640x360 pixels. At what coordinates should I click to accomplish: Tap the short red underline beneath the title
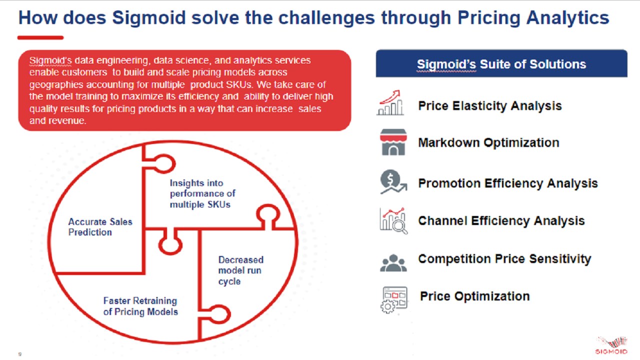click(x=40, y=37)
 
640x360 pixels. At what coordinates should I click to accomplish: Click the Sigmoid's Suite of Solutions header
click(x=501, y=63)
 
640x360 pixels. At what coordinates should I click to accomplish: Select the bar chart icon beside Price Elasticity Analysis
click(x=390, y=103)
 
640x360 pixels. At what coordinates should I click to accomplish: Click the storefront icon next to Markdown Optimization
click(x=393, y=142)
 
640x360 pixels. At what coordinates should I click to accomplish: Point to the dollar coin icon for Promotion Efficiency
click(x=393, y=182)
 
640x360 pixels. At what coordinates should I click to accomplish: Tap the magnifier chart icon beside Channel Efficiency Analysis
click(x=393, y=221)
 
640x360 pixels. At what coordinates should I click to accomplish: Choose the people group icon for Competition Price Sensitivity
click(x=393, y=262)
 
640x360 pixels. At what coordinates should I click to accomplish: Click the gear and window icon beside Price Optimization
click(x=394, y=299)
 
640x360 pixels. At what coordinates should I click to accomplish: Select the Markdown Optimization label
click(x=488, y=142)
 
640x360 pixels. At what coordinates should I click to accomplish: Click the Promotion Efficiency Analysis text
click(x=507, y=183)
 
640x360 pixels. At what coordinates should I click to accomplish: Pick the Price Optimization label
click(x=474, y=296)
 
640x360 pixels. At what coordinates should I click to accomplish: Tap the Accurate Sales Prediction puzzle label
click(x=100, y=227)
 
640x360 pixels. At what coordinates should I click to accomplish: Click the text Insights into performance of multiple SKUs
click(x=202, y=193)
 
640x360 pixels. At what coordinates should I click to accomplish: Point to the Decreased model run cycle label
click(x=241, y=270)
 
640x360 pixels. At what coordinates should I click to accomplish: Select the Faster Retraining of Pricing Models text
click(x=140, y=306)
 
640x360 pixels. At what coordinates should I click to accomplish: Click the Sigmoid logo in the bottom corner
click(x=611, y=345)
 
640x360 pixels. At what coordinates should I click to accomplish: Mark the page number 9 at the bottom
click(x=19, y=354)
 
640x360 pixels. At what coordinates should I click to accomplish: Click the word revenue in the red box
click(x=67, y=121)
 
